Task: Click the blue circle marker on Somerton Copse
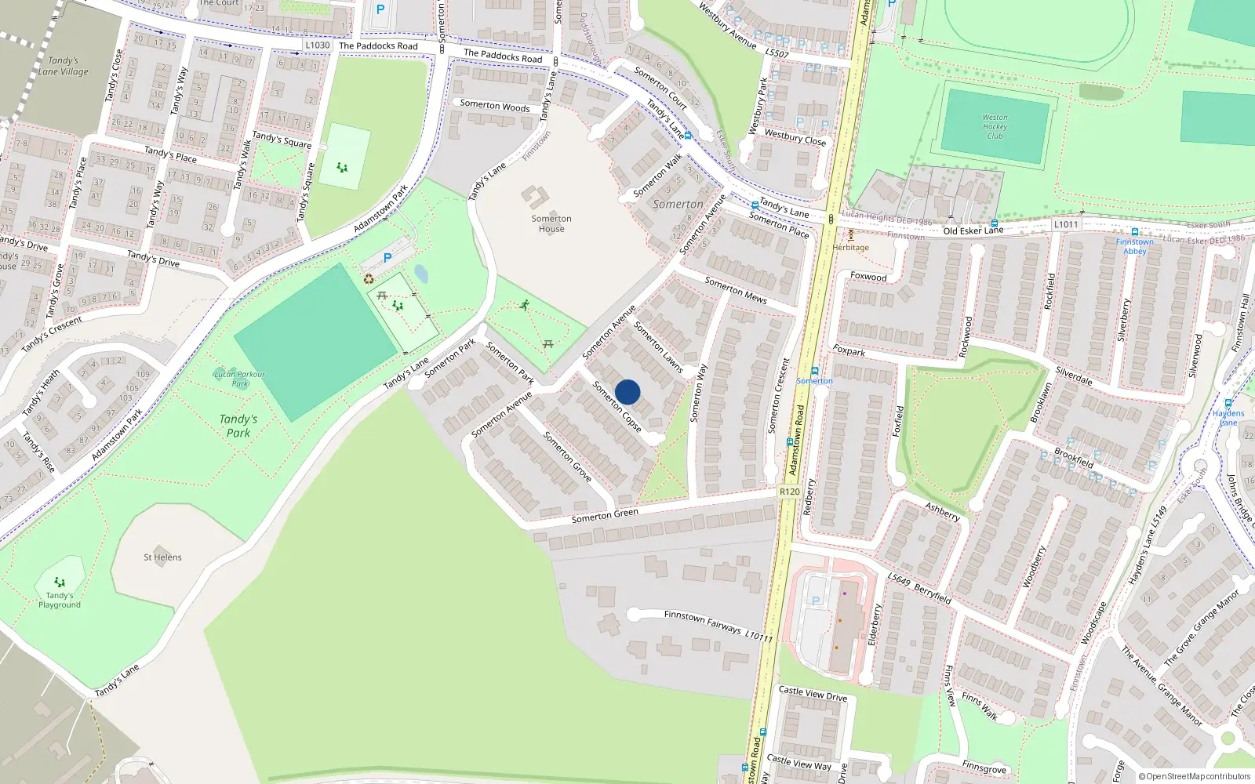(627, 392)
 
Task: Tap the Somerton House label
(551, 224)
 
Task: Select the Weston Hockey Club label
(995, 127)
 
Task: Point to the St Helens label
(162, 557)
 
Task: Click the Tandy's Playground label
(60, 600)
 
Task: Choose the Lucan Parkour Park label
(239, 379)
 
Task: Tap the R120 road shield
(790, 492)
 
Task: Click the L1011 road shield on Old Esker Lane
(1065, 224)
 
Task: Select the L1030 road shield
(318, 45)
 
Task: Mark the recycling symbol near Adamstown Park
(369, 278)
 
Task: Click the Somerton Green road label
(605, 515)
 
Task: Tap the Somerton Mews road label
(735, 290)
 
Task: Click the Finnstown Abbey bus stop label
(1135, 246)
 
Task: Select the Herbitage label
(850, 248)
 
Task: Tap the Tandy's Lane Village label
(64, 66)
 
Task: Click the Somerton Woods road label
(495, 105)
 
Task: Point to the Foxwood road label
(868, 276)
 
